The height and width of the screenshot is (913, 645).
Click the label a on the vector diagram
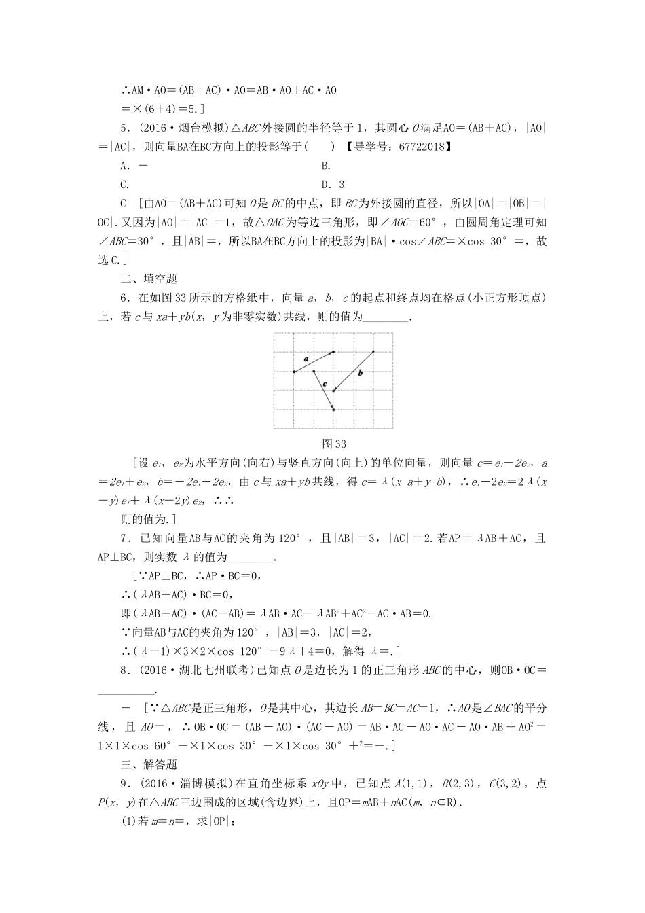pos(306,358)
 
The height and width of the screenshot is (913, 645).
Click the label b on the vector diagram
pos(360,372)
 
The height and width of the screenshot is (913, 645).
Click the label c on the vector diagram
pos(325,384)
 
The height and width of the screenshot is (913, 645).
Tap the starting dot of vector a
pos(294,372)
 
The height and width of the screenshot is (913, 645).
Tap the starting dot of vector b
pos(373,351)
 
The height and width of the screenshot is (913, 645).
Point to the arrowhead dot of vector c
pos(333,410)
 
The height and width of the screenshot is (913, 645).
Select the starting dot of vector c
pos(314,371)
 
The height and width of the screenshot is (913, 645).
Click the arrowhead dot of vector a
pos(333,352)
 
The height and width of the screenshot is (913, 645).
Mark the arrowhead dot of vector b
pos(333,391)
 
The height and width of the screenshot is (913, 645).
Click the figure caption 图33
pos(334,444)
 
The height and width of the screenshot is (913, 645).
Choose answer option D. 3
pos(333,185)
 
